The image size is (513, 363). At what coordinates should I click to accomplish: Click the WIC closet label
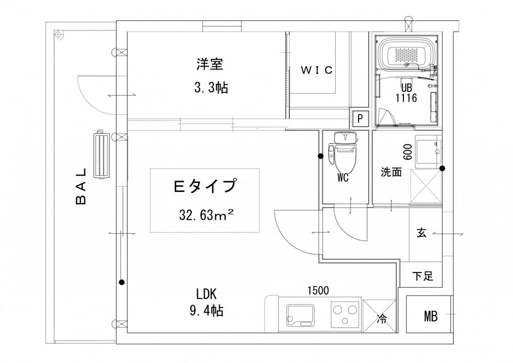(x=317, y=70)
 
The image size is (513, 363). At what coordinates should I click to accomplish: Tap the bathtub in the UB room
(x=407, y=54)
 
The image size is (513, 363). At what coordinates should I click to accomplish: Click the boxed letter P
(x=360, y=118)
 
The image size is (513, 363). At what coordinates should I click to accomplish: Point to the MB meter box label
(x=431, y=316)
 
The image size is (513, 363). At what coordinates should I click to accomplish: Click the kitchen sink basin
(x=300, y=315)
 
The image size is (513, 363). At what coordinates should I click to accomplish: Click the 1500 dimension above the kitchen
(x=318, y=290)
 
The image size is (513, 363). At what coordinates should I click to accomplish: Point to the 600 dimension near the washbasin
(x=408, y=152)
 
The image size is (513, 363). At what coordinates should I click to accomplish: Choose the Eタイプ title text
(x=205, y=186)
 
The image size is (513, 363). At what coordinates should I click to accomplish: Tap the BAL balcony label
(x=81, y=186)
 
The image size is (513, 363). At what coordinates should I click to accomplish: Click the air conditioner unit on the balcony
(x=103, y=155)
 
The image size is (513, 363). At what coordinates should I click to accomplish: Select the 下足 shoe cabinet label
(x=422, y=276)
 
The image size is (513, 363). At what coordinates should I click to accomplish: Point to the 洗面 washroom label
(x=391, y=172)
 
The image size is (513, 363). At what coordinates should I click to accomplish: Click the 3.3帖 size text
(x=211, y=88)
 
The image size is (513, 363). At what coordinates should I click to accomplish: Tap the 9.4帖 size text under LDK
(x=207, y=310)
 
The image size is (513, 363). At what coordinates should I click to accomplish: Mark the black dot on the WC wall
(x=321, y=156)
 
